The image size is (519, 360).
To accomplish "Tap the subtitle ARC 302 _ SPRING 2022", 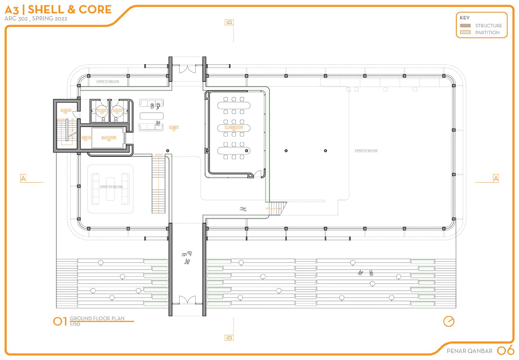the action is tap(36, 18).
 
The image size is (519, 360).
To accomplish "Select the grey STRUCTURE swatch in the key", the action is tap(465, 26).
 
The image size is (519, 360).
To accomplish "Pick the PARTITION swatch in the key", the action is tap(465, 32).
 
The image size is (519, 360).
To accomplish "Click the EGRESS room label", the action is tap(66, 110).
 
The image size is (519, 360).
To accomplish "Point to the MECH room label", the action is tap(86, 138).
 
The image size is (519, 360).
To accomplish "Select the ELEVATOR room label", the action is tap(109, 138).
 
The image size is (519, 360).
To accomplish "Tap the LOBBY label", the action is tap(174, 127).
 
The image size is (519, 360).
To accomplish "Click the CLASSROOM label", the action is tap(234, 127).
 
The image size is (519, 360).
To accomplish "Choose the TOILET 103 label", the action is tap(102, 110).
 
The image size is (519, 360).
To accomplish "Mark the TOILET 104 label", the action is tap(117, 110).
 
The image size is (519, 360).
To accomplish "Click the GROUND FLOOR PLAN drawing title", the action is tap(97, 319).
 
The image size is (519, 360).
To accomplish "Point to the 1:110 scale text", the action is tap(75, 324).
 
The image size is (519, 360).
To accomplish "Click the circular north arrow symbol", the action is tap(449, 321).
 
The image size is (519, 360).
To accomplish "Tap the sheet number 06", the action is tap(505, 351).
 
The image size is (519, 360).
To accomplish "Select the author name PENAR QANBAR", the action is tap(469, 351).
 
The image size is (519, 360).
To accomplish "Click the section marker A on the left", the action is tap(23, 178).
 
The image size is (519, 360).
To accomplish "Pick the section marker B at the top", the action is tap(229, 22).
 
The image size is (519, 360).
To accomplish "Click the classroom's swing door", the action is tap(259, 174).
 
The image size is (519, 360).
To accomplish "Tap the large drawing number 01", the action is tap(60, 321).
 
